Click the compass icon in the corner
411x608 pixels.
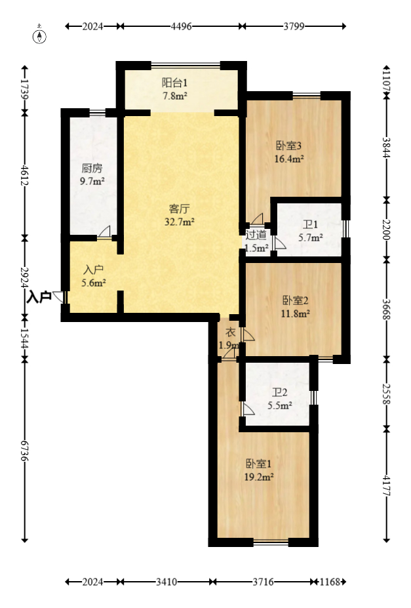point(39,35)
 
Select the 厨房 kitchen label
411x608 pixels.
point(92,169)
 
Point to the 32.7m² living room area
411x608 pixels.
point(180,222)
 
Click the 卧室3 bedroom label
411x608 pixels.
point(288,146)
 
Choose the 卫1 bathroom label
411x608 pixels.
point(310,224)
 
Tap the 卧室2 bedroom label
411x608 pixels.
point(295,300)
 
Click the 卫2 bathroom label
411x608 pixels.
point(279,392)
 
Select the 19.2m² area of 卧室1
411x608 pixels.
point(259,477)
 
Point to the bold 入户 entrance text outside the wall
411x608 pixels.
point(39,297)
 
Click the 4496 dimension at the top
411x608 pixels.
point(182,26)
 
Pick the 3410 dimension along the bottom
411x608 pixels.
point(166,582)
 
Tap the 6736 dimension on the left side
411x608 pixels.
point(25,451)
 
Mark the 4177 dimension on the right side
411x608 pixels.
point(386,485)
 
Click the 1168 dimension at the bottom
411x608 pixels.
point(330,582)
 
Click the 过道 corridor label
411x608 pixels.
point(256,235)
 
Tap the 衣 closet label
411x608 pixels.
point(231,333)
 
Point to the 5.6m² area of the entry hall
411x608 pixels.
point(94,283)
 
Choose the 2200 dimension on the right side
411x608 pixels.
point(386,230)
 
